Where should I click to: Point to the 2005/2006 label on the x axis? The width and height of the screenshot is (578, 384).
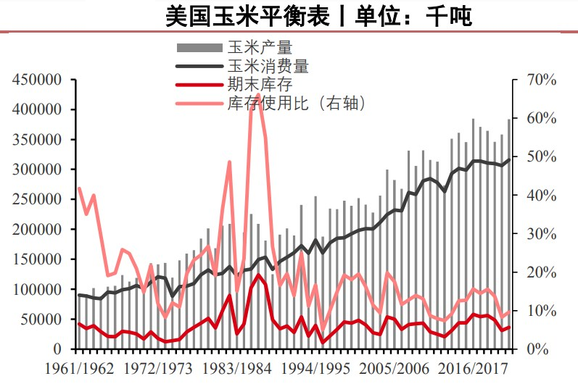pyautogui.click(x=400, y=369)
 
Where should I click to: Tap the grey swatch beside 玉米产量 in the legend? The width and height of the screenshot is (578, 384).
pyautogui.click(x=200, y=48)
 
